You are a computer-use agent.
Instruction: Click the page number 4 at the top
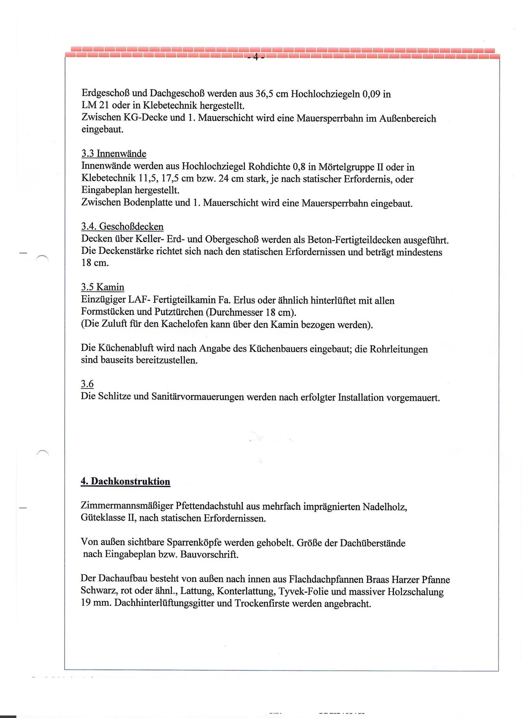tap(256, 57)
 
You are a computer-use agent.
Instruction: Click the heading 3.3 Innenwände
tap(114, 154)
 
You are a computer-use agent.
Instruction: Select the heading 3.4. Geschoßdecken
tap(122, 227)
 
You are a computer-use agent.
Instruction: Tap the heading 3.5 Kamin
tap(103, 287)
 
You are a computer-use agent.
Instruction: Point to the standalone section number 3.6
tap(87, 384)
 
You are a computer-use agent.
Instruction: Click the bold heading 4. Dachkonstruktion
tap(125, 481)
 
